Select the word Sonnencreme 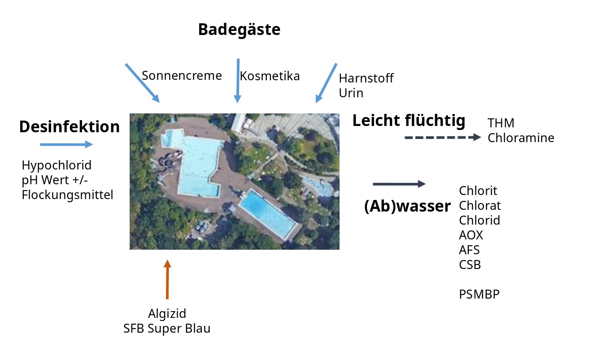point(182,76)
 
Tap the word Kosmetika point(270,76)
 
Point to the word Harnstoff point(366,78)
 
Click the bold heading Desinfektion point(70,127)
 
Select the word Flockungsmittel point(68,195)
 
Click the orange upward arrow point(167,279)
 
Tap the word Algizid point(167,314)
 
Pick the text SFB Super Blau point(167,329)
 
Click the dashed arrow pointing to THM point(443,138)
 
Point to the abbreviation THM point(501,123)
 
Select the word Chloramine point(521,138)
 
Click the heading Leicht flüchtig point(409,121)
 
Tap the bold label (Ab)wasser point(407,207)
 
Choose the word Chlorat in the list point(480,205)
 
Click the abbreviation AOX point(471,235)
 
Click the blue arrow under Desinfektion point(66,144)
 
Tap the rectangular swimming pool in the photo point(267,214)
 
